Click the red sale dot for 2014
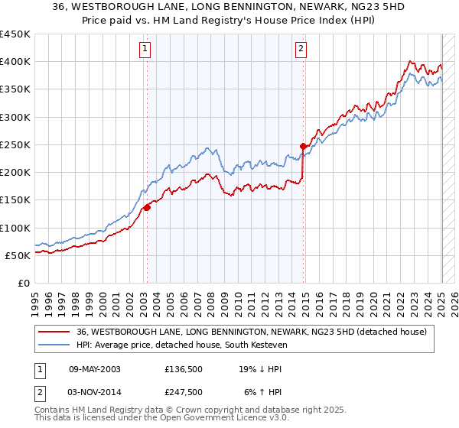(304, 145)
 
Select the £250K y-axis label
(15, 144)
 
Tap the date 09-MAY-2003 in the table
(95, 368)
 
